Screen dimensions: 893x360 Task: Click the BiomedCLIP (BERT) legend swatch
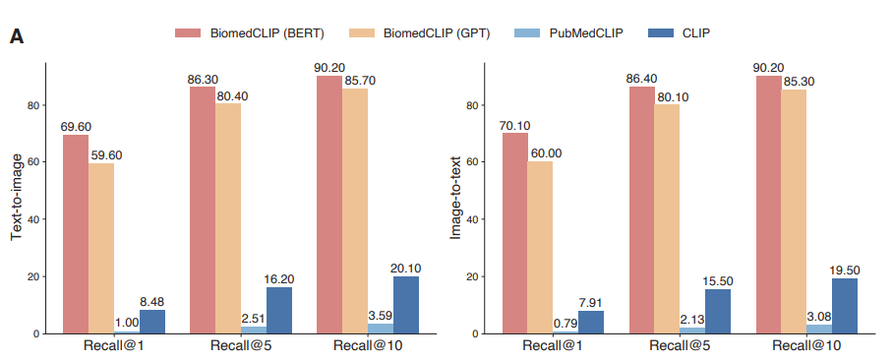pyautogui.click(x=188, y=33)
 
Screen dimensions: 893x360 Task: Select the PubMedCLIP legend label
pyautogui.click(x=586, y=33)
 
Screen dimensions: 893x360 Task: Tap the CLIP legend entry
pyautogui.click(x=680, y=33)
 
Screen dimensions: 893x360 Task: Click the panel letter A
pyautogui.click(x=17, y=36)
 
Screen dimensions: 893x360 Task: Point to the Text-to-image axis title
pyautogui.click(x=17, y=197)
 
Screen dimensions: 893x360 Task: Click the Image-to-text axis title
pyautogui.click(x=456, y=197)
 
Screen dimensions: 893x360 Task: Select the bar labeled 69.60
pyautogui.click(x=76, y=234)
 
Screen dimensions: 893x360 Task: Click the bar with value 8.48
pyautogui.click(x=152, y=322)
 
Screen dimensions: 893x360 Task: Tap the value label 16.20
pyautogui.click(x=278, y=279)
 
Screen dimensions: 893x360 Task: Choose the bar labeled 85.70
pyautogui.click(x=355, y=211)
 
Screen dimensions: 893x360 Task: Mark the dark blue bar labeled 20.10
pyautogui.click(x=406, y=305)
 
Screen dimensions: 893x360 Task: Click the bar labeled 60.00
pyautogui.click(x=540, y=248)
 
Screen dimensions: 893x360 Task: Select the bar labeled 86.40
pyautogui.click(x=642, y=210)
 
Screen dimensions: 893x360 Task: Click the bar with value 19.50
pyautogui.click(x=845, y=306)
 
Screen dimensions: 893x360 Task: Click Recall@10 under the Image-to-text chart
pyautogui.click(x=806, y=346)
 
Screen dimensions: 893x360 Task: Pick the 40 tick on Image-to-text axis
pyautogui.click(x=471, y=219)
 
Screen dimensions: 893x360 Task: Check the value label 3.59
pyautogui.click(x=381, y=315)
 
